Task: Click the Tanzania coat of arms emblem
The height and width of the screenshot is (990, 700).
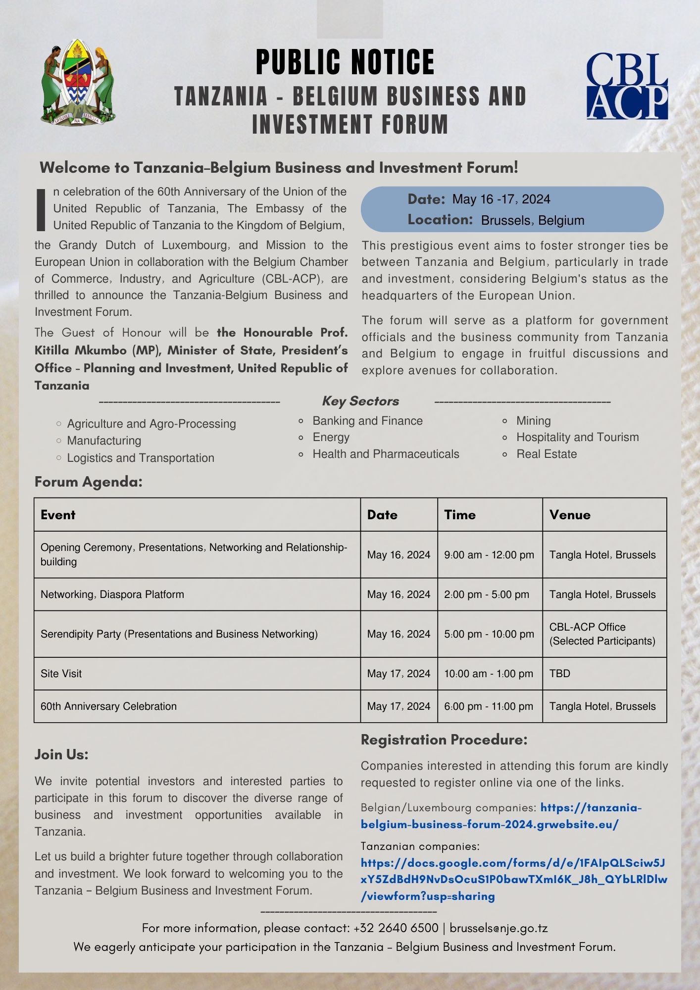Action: pyautogui.click(x=78, y=82)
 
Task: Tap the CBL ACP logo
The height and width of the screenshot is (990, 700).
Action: pyautogui.click(x=627, y=87)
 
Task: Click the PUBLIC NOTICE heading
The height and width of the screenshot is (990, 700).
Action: pyautogui.click(x=345, y=62)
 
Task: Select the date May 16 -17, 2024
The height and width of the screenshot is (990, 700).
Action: pyautogui.click(x=501, y=199)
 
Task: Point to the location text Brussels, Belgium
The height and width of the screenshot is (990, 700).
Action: pyautogui.click(x=532, y=220)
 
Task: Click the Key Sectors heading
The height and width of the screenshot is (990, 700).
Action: pyautogui.click(x=360, y=401)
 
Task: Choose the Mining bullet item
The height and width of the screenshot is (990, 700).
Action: pyautogui.click(x=533, y=421)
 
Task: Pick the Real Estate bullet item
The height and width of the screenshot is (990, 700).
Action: pyautogui.click(x=547, y=454)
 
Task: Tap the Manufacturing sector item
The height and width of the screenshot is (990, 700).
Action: pyautogui.click(x=104, y=441)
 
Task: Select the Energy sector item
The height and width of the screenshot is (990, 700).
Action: pyautogui.click(x=331, y=437)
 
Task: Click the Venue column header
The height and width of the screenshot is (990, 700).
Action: pyautogui.click(x=570, y=515)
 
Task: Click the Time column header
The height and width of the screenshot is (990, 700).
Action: pyautogui.click(x=460, y=515)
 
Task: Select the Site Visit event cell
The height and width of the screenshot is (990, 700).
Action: pyautogui.click(x=61, y=673)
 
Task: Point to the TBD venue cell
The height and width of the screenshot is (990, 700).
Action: pyautogui.click(x=560, y=673)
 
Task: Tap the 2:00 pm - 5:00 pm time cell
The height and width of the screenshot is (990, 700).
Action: pyautogui.click(x=487, y=594)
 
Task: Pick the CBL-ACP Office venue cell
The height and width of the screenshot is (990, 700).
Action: pyautogui.click(x=602, y=634)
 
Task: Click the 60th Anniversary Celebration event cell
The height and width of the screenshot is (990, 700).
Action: pyautogui.click(x=108, y=706)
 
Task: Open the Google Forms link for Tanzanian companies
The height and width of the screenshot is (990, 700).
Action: pyautogui.click(x=513, y=880)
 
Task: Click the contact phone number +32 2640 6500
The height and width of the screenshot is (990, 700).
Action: pyautogui.click(x=396, y=928)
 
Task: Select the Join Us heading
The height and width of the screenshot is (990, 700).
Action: pyautogui.click(x=61, y=754)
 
